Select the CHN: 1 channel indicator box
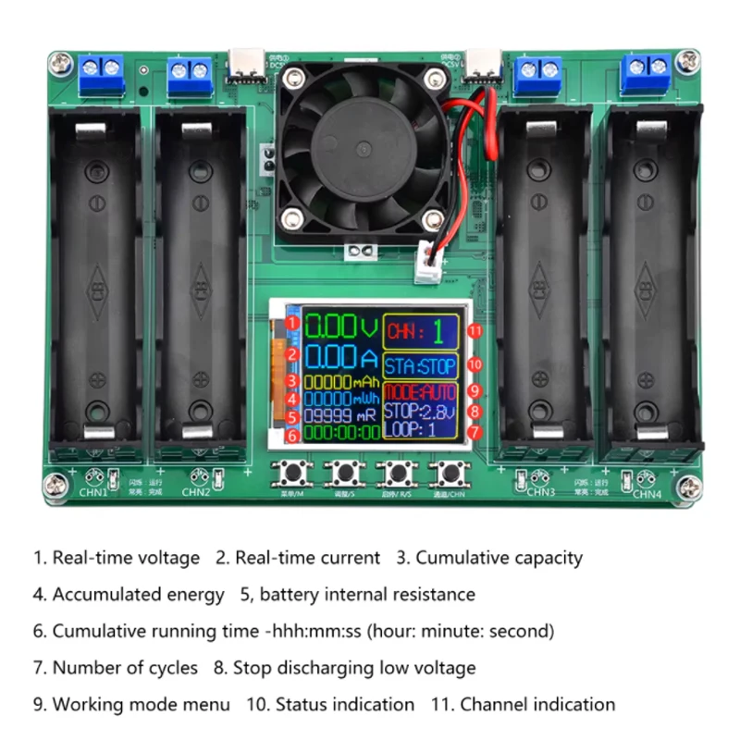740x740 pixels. tap(420, 330)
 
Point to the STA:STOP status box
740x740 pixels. tap(420, 365)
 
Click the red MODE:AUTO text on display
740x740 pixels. tap(420, 392)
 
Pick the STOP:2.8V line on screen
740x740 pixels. tap(420, 412)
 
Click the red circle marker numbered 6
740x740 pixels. tap(291, 434)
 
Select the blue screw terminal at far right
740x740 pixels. tap(647, 67)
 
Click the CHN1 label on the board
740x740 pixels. tap(92, 492)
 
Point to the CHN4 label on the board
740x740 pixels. tap(647, 493)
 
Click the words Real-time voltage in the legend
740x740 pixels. tap(125, 558)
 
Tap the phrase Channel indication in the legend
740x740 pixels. tap(537, 704)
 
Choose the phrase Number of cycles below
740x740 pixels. tap(124, 667)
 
